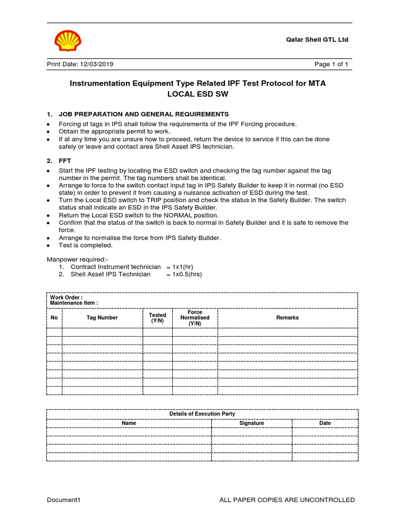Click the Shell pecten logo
[68, 41]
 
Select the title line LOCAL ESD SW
[198, 94]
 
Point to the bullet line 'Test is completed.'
[86, 245]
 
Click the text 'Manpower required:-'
[78, 259]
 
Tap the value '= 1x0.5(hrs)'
[184, 274]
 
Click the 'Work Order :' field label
[66, 298]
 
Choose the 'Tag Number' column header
[102, 318]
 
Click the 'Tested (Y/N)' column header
[157, 318]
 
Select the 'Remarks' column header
[287, 318]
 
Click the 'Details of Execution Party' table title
[202, 414]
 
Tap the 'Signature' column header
[252, 423]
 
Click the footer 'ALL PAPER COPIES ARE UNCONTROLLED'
[287, 500]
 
